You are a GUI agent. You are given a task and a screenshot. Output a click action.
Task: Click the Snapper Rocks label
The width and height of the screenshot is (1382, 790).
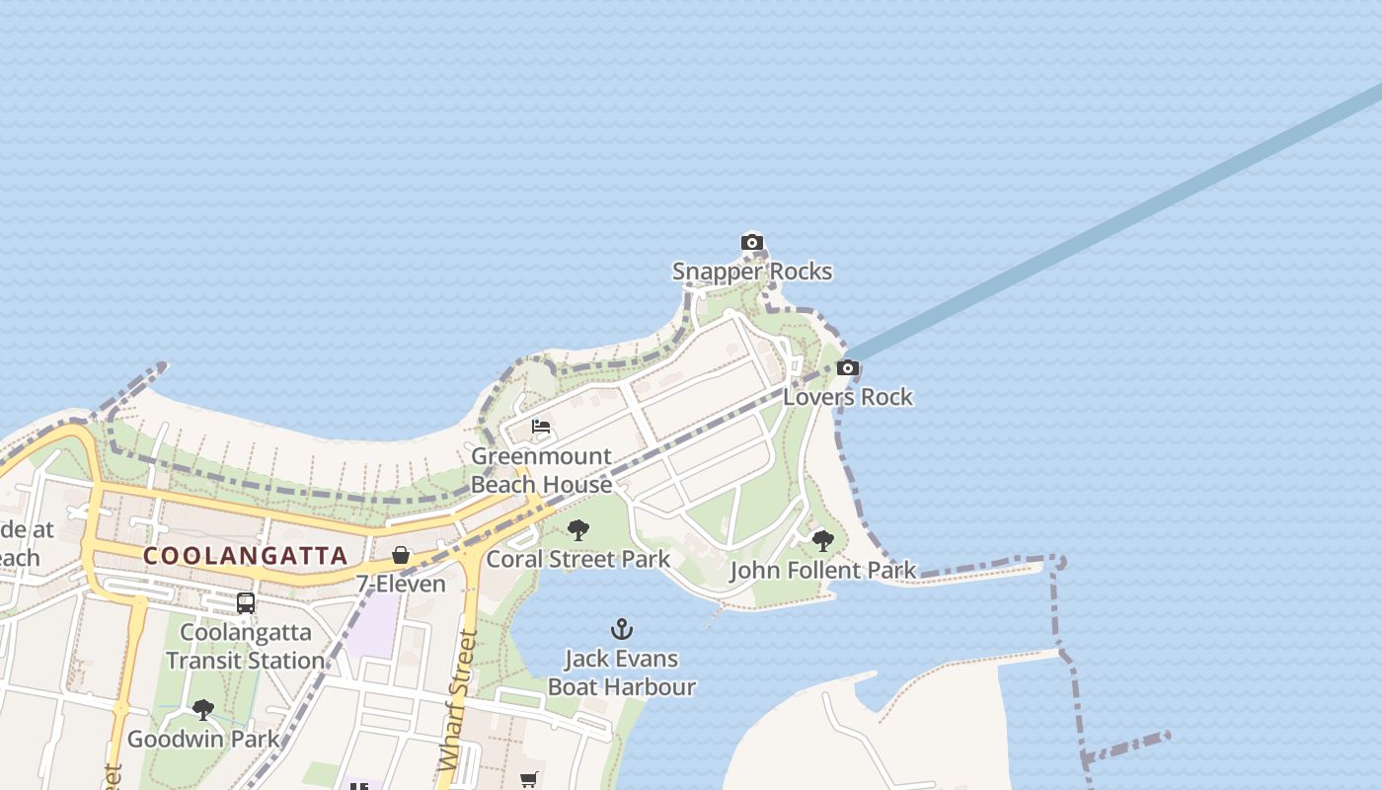pyautogui.click(x=752, y=272)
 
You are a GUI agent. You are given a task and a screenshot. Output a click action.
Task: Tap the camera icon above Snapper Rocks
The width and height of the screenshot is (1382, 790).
pyautogui.click(x=752, y=243)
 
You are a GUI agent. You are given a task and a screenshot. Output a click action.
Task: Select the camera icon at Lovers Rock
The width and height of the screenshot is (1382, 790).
pyautogui.click(x=847, y=368)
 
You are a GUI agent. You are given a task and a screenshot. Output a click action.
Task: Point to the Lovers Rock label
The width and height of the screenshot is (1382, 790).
pyautogui.click(x=848, y=397)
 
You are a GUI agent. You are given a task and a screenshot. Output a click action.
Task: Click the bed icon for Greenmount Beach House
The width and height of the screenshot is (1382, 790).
pyautogui.click(x=541, y=427)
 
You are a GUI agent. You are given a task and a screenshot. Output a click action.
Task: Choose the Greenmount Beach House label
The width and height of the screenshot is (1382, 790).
pyautogui.click(x=541, y=470)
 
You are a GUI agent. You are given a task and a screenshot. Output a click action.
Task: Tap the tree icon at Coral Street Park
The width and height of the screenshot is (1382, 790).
pyautogui.click(x=578, y=530)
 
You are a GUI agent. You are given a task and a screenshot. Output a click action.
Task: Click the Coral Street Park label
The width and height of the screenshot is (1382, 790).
pyautogui.click(x=578, y=559)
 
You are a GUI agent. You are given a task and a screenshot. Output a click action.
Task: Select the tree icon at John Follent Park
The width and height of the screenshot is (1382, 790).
pyautogui.click(x=822, y=541)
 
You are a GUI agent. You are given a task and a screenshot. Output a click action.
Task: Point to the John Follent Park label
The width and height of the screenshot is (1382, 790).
pyautogui.click(x=822, y=571)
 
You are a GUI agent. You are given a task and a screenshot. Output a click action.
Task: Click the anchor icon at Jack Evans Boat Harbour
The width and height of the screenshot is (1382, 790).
pyautogui.click(x=622, y=629)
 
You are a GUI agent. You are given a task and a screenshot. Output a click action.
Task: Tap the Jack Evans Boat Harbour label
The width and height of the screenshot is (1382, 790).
pyautogui.click(x=622, y=672)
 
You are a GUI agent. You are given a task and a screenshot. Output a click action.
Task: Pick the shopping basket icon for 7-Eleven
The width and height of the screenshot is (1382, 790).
pyautogui.click(x=401, y=555)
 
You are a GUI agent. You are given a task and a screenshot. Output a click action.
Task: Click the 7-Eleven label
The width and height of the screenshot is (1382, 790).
pyautogui.click(x=401, y=584)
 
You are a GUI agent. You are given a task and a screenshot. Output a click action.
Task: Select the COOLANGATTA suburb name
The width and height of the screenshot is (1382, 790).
pyautogui.click(x=246, y=555)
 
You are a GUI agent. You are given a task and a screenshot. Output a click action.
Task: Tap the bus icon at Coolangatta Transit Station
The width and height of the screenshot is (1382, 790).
pyautogui.click(x=245, y=602)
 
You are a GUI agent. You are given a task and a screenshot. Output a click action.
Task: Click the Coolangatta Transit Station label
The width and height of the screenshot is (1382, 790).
pyautogui.click(x=245, y=646)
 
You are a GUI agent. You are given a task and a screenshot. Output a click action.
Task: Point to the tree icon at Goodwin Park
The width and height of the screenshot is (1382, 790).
pyautogui.click(x=203, y=709)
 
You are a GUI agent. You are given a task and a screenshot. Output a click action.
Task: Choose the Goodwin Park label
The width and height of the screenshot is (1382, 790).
pyautogui.click(x=203, y=739)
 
